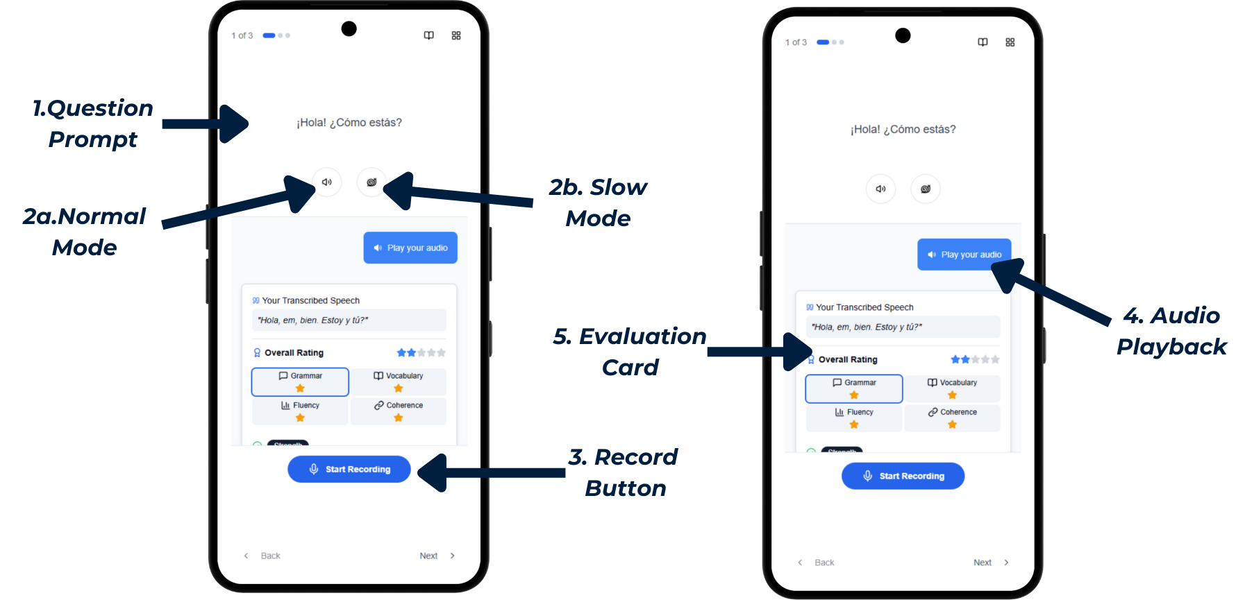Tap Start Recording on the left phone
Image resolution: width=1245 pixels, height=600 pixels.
(349, 470)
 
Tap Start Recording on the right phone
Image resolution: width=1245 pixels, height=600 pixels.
(903, 477)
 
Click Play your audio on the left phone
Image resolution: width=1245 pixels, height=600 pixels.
(410, 248)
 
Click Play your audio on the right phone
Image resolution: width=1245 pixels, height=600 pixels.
(964, 255)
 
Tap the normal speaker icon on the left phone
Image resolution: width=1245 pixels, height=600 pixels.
(326, 182)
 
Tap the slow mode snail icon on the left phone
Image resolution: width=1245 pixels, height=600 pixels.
(371, 182)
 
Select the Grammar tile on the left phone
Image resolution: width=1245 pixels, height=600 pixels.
(300, 382)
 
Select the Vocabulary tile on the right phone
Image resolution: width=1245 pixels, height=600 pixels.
(952, 388)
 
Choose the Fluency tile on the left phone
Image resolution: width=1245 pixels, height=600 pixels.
(300, 411)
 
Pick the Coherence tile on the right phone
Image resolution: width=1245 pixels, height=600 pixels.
(952, 418)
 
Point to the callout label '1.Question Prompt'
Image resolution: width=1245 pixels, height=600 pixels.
(93, 123)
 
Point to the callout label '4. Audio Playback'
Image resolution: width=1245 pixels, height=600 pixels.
(1171, 331)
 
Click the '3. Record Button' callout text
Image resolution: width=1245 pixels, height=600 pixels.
(624, 472)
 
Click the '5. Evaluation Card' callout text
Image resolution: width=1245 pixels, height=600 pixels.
(630, 352)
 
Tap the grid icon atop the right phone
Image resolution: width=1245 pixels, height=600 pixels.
(1010, 42)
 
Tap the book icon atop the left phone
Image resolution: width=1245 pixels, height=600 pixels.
(429, 35)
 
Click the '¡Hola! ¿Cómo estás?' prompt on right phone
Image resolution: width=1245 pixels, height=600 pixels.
(903, 130)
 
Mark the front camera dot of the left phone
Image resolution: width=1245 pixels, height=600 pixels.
(349, 28)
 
